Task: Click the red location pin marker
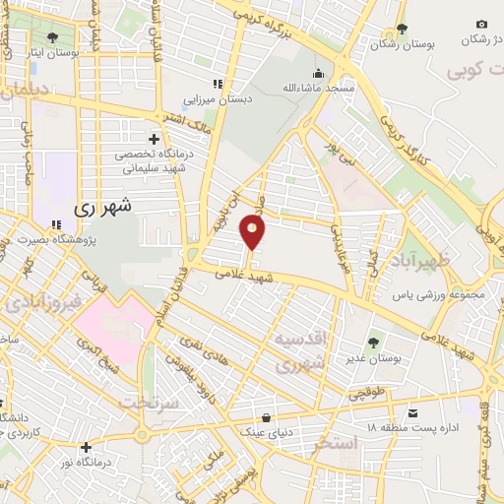click(x=253, y=232)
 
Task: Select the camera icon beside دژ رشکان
click(x=481, y=24)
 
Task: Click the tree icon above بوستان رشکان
click(x=401, y=29)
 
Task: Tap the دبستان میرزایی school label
click(x=217, y=99)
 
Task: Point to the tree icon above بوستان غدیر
click(x=373, y=343)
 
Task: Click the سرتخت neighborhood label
click(x=147, y=403)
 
